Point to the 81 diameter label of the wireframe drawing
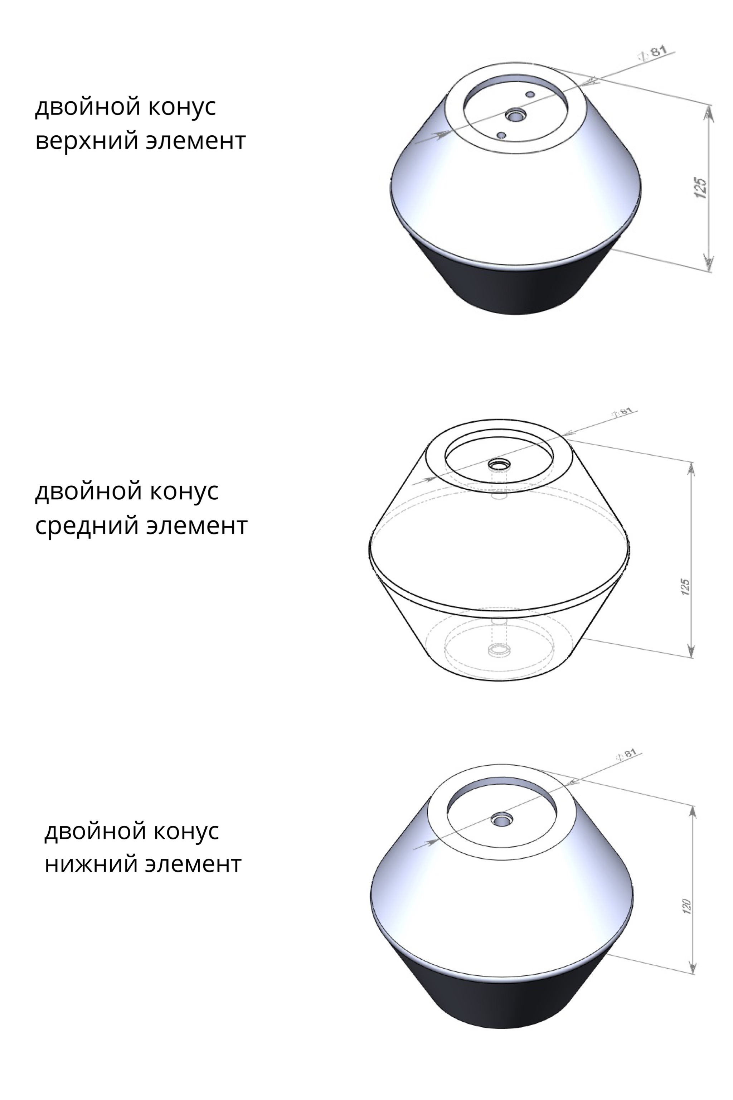626,412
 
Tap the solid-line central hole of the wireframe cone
499,465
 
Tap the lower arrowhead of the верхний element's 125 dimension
709,261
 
